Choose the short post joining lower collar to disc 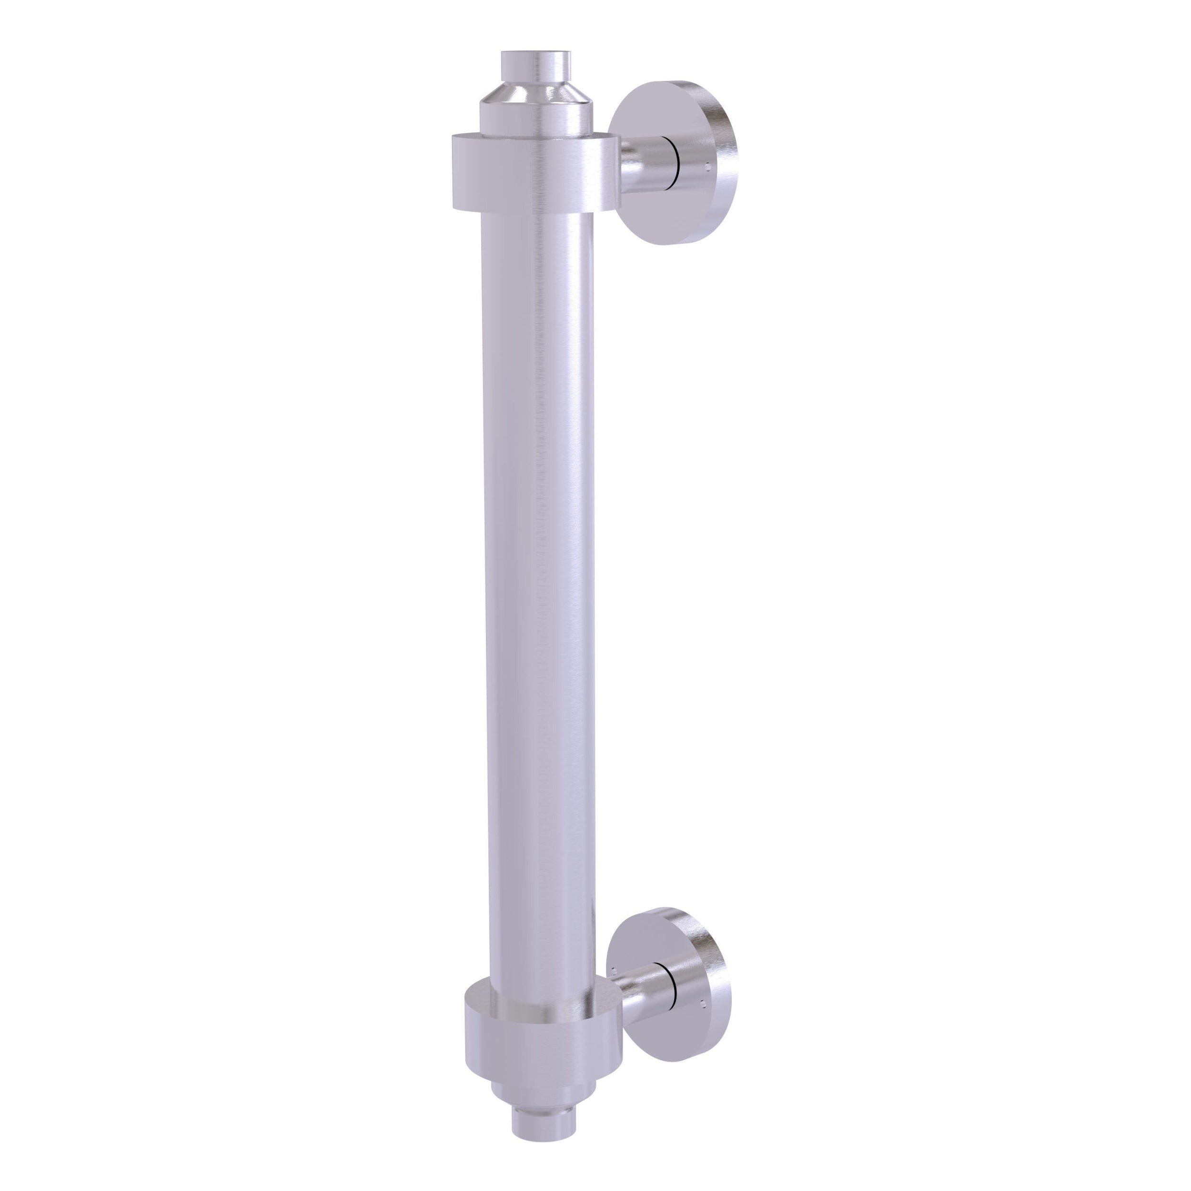point(641,977)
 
